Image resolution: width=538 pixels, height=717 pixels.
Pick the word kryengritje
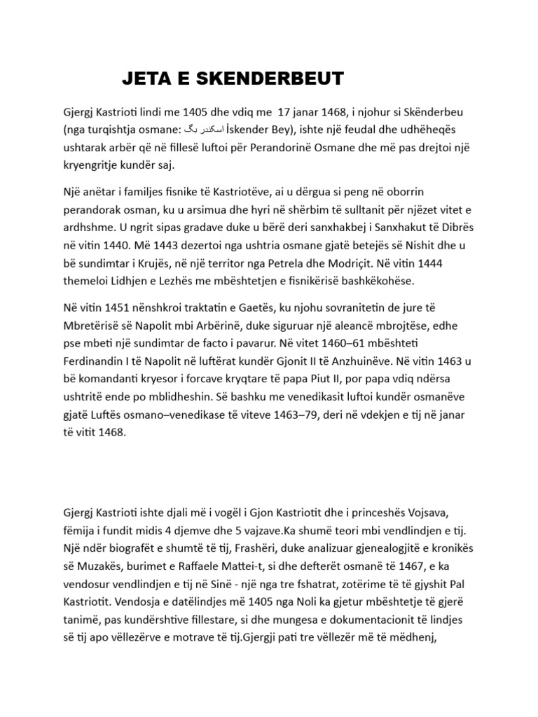[x=91, y=165]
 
